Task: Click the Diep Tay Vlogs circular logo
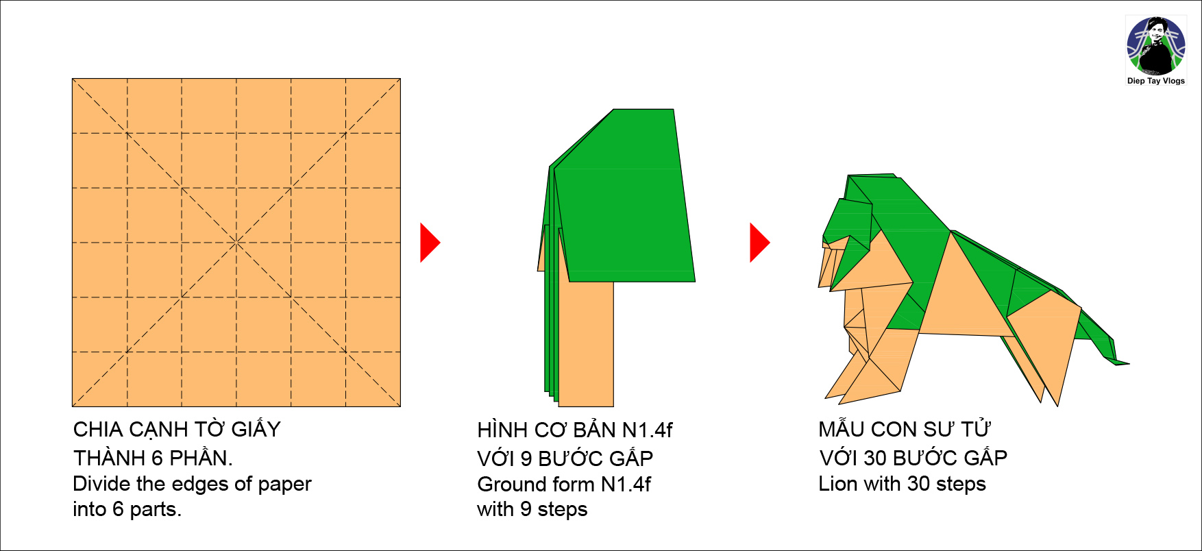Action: (x=1156, y=46)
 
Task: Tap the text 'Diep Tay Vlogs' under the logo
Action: (x=1156, y=81)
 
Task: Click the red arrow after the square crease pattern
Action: (x=430, y=243)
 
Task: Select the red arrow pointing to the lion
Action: (x=760, y=243)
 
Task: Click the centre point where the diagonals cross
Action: (x=236, y=243)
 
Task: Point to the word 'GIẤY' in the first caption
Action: (x=256, y=430)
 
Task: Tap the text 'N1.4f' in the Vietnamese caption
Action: (x=647, y=430)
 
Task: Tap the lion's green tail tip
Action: (x=1124, y=363)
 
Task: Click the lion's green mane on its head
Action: (x=850, y=219)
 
